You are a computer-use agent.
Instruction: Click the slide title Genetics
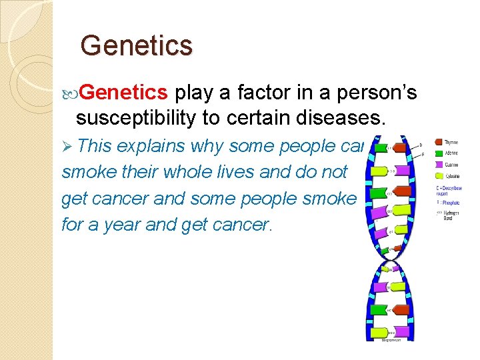coord(136,46)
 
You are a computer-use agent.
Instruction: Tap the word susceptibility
coord(137,119)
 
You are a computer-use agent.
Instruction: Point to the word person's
coord(375,93)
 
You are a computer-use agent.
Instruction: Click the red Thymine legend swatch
coord(439,141)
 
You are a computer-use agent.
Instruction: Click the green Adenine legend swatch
coord(439,153)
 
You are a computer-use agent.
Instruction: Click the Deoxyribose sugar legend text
coord(452,191)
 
